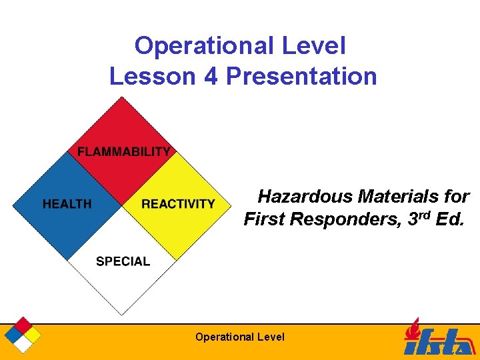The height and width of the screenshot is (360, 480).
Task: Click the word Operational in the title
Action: [203, 46]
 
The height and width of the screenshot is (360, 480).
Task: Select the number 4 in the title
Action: [211, 76]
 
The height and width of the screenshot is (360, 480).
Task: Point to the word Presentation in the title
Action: [301, 76]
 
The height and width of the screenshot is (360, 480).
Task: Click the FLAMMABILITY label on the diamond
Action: [123, 151]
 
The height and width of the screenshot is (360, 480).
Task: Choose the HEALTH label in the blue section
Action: [67, 204]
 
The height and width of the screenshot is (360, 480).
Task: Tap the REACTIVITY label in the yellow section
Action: [178, 204]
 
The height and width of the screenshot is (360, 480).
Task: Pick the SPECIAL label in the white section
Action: [123, 261]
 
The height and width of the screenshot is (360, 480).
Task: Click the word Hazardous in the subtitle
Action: [305, 197]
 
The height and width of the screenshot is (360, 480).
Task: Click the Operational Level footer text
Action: [239, 337]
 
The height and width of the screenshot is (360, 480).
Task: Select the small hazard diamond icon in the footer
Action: [23, 335]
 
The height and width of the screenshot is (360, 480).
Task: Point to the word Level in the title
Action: [316, 46]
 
